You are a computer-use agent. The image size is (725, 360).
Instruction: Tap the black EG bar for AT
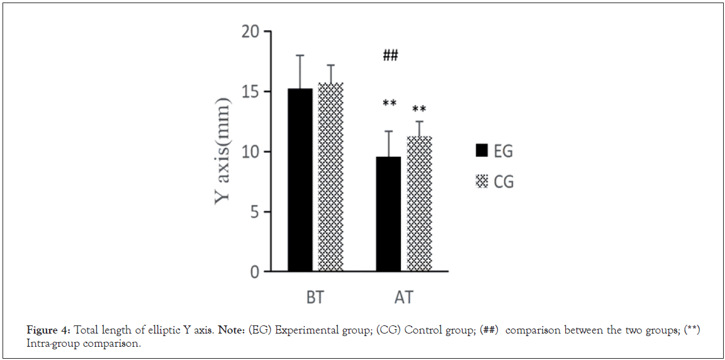pyautogui.click(x=388, y=214)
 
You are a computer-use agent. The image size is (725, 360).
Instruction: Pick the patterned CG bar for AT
pyautogui.click(x=420, y=204)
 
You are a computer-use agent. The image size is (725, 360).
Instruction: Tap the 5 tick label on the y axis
pyautogui.click(x=254, y=212)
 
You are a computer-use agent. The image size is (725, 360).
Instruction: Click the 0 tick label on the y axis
pyautogui.click(x=254, y=272)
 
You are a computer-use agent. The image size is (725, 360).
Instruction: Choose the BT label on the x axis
pyautogui.click(x=315, y=297)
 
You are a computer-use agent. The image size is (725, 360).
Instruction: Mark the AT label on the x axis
pyautogui.click(x=403, y=297)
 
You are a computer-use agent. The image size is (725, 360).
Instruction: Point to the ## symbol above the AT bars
pyautogui.click(x=390, y=56)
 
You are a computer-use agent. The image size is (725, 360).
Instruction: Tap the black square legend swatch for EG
pyautogui.click(x=483, y=151)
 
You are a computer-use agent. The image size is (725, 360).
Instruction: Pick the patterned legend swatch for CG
pyautogui.click(x=483, y=182)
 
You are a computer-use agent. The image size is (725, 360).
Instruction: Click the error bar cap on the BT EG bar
pyautogui.click(x=300, y=55)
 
